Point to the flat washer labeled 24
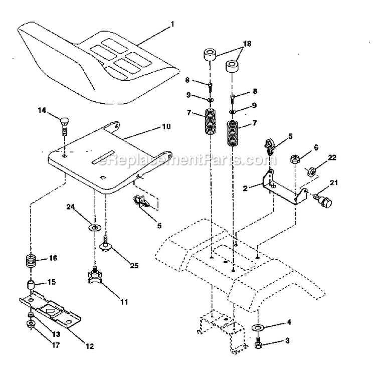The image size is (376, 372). pyautogui.click(x=94, y=215)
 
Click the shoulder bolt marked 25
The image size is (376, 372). pyautogui.click(x=106, y=243)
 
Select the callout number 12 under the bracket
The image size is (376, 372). pyautogui.click(x=89, y=345)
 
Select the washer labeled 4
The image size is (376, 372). pyautogui.click(x=257, y=328)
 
